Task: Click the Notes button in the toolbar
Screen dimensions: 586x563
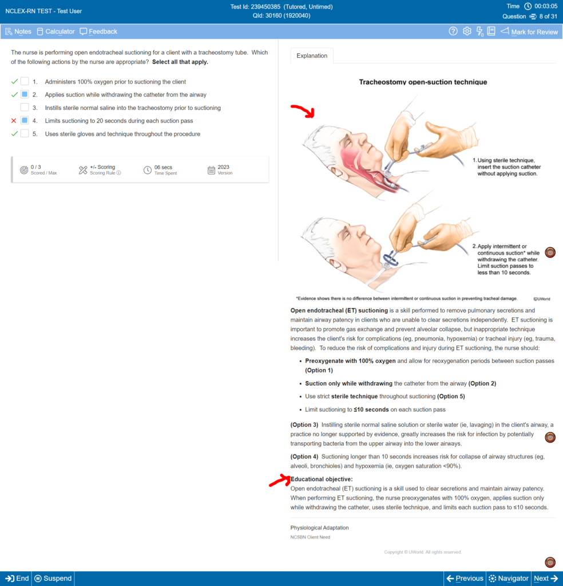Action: (18, 31)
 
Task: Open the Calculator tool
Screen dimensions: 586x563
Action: (55, 31)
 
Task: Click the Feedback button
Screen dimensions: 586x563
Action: (98, 31)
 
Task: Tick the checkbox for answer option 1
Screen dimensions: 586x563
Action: (25, 81)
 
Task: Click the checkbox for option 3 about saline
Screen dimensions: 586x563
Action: (25, 108)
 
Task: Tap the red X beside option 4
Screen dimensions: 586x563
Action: (14, 121)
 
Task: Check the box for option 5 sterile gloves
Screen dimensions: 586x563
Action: (25, 134)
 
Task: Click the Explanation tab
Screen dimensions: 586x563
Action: (312, 56)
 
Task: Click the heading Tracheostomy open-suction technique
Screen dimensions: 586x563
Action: (423, 82)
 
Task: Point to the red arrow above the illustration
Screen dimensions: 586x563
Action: (303, 110)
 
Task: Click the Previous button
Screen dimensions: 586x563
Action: (465, 579)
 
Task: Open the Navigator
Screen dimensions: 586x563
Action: (508, 579)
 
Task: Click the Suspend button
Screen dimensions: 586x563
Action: (53, 579)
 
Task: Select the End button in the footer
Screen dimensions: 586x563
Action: (17, 579)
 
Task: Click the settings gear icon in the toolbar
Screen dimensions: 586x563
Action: (467, 31)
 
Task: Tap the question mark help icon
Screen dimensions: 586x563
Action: (453, 31)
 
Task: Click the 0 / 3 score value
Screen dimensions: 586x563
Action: (36, 167)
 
